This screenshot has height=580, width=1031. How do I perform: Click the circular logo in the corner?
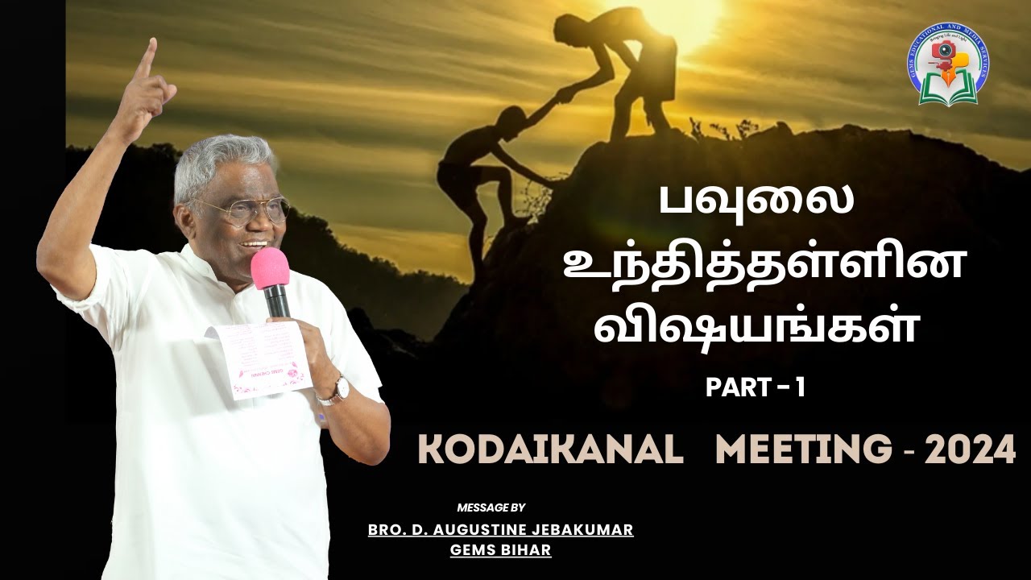click(x=948, y=64)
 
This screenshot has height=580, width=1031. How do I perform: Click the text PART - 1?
click(x=756, y=388)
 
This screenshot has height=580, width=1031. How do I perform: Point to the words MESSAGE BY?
click(x=491, y=507)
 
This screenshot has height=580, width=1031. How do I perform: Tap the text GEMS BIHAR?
click(x=500, y=549)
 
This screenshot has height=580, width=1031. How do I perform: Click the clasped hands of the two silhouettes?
click(x=565, y=94)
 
